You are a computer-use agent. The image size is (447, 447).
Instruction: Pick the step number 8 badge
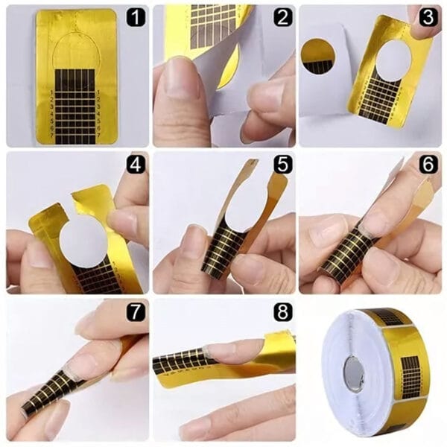tap(281, 311)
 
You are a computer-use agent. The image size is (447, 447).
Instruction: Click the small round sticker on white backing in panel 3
tap(319, 57)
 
